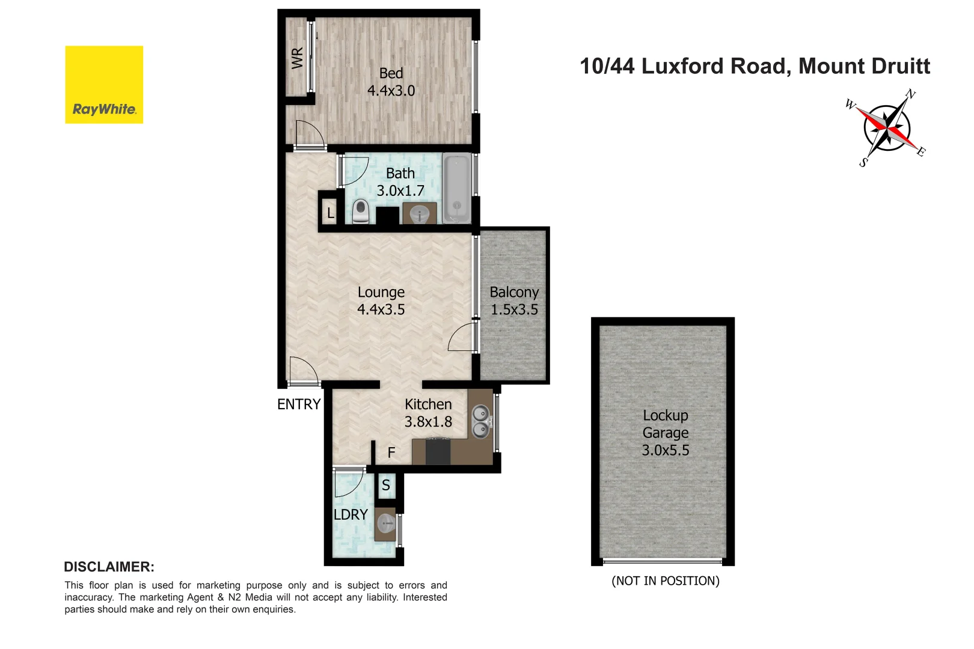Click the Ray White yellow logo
click(x=104, y=85)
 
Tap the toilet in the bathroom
click(x=361, y=211)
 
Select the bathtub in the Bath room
click(x=457, y=188)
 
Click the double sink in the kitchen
click(x=480, y=421)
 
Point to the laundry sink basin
click(x=385, y=524)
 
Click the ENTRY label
click(x=299, y=404)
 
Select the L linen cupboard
click(x=330, y=213)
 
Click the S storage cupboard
click(x=386, y=485)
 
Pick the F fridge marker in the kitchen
click(x=391, y=452)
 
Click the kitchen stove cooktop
click(x=438, y=451)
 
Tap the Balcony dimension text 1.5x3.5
click(x=514, y=309)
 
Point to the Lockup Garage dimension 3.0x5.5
click(x=666, y=450)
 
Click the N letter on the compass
click(x=911, y=94)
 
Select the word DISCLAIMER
click(x=109, y=567)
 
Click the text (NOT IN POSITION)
click(x=666, y=580)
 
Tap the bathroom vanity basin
click(x=420, y=214)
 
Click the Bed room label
click(x=391, y=73)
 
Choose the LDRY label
click(x=351, y=514)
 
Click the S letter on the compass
click(x=863, y=162)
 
